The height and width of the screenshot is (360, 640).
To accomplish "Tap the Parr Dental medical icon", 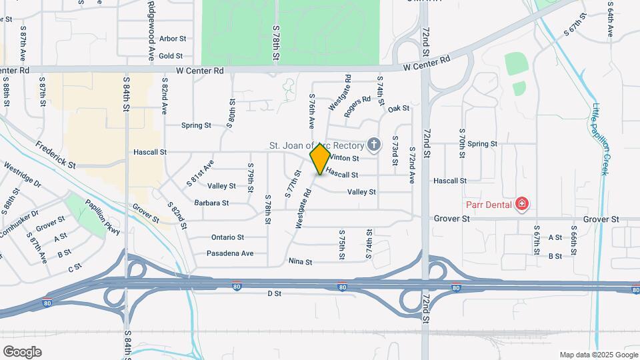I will pos(523,204).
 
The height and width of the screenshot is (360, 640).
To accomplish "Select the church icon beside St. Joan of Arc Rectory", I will pos(374,145).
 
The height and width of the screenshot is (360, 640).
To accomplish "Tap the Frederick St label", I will pos(56,154).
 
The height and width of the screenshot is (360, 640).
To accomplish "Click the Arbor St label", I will pos(172,39).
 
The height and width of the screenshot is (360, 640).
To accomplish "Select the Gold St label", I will pos(171,56).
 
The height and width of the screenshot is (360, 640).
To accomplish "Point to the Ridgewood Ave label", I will pos(152,31).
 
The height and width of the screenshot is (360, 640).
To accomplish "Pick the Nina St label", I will pos(300,262).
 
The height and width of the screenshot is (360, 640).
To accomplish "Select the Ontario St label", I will pos(228,237).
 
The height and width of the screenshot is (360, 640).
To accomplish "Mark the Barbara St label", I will pos(212,203).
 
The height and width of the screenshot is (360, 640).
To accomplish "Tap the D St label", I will pos(275,293).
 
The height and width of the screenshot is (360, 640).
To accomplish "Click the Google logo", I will pos(22,351).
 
